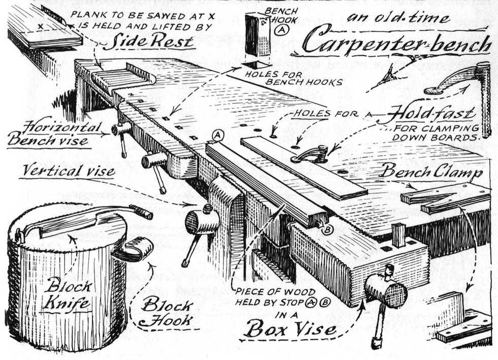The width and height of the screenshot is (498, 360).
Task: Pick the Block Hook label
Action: click(x=167, y=313)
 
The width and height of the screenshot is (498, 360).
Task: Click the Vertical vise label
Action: click(x=69, y=171)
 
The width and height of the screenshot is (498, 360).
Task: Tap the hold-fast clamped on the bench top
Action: click(x=310, y=154)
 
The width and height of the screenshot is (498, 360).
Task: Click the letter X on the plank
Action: click(x=40, y=24)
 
